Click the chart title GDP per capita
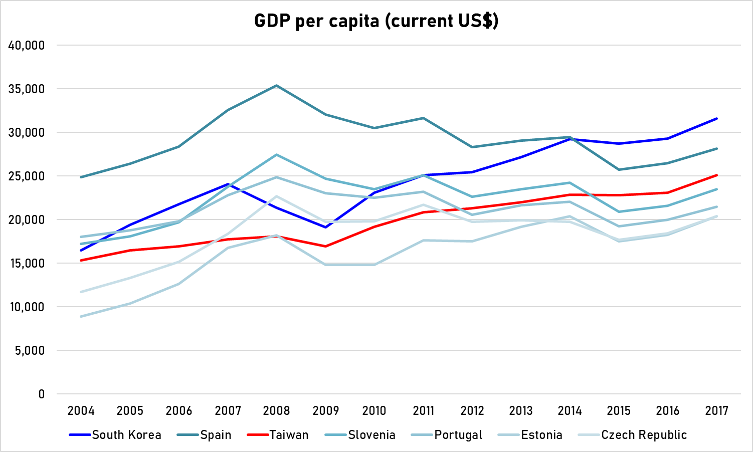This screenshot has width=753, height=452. coord(376,21)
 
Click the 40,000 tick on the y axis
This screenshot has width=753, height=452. coord(27,46)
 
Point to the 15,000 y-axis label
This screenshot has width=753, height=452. coord(27,264)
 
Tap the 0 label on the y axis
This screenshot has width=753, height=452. coord(41,394)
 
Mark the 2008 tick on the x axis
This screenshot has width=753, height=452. coord(277,411)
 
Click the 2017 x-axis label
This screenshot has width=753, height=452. coord(716,411)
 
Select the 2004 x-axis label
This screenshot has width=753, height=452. coord(81,411)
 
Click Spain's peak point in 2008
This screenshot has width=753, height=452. coord(277,86)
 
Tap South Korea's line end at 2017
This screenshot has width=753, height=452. coord(716,119)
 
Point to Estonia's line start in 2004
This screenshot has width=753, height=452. coord(81,317)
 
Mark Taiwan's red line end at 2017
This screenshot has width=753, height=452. coord(716,175)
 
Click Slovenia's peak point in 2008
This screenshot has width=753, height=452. coord(277,155)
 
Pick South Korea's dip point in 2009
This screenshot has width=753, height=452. coord(326,228)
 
